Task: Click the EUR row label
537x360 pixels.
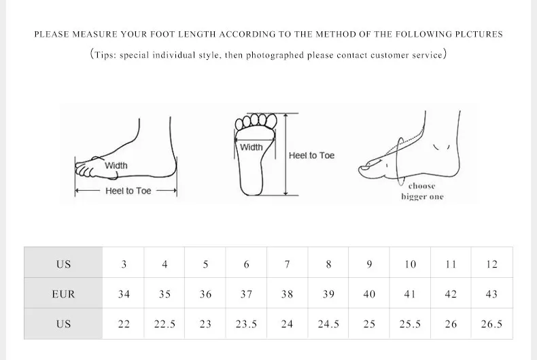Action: click(x=63, y=294)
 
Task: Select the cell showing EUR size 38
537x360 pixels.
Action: click(x=287, y=294)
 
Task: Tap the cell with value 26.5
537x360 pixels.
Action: click(x=491, y=324)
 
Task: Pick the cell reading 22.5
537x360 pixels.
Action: click(x=164, y=324)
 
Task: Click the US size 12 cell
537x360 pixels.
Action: click(x=491, y=264)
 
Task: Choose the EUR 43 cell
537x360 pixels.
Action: click(x=491, y=294)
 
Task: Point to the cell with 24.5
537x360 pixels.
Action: click(x=328, y=324)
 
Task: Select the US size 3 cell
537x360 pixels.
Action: click(x=124, y=264)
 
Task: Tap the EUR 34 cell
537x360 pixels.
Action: click(x=124, y=294)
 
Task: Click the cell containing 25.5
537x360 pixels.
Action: click(x=410, y=324)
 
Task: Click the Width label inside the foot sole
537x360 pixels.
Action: click(x=252, y=147)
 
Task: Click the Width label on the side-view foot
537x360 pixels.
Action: click(x=116, y=166)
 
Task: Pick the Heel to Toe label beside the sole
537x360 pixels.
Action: click(x=311, y=156)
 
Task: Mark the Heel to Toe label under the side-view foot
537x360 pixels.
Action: click(x=128, y=191)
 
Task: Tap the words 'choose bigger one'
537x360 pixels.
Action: click(x=422, y=192)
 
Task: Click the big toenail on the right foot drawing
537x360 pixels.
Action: click(x=365, y=168)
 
